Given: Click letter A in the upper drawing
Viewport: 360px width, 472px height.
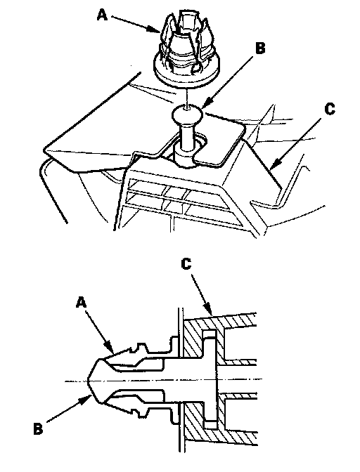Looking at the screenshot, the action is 102,15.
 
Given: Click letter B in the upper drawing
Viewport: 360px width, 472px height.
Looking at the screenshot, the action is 260,48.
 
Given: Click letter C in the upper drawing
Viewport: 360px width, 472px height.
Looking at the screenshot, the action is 330,109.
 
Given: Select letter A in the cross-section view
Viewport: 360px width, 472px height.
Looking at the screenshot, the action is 81,303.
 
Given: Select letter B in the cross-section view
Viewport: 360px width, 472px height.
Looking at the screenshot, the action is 38,428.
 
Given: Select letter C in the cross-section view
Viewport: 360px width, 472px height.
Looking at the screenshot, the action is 186,264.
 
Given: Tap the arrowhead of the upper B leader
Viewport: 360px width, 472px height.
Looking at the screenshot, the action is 206,105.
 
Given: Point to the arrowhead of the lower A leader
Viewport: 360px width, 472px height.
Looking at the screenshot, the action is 110,347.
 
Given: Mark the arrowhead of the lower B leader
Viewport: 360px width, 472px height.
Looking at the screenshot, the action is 86,399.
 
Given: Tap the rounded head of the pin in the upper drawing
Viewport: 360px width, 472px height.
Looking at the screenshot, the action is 186,113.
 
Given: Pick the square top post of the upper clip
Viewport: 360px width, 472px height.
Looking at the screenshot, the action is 187,20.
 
